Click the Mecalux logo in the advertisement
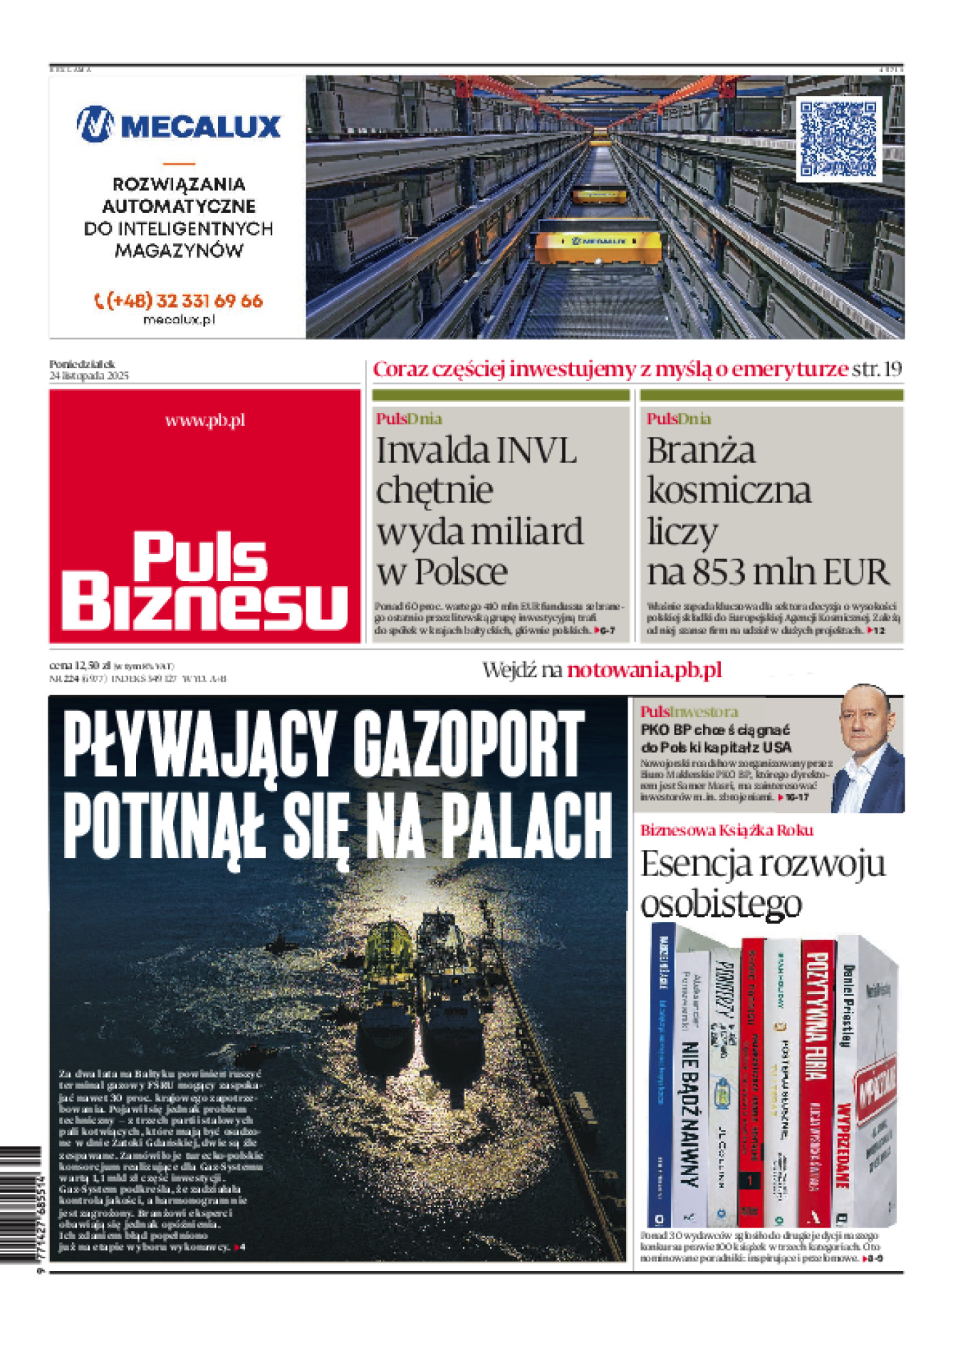click(178, 125)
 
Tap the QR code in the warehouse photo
click(839, 139)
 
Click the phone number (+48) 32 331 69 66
click(178, 301)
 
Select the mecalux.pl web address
click(179, 319)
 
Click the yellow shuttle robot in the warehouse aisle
click(598, 247)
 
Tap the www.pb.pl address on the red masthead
click(205, 421)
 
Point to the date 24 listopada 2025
click(89, 376)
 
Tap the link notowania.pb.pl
click(644, 670)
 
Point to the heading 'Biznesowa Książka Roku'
click(726, 830)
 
